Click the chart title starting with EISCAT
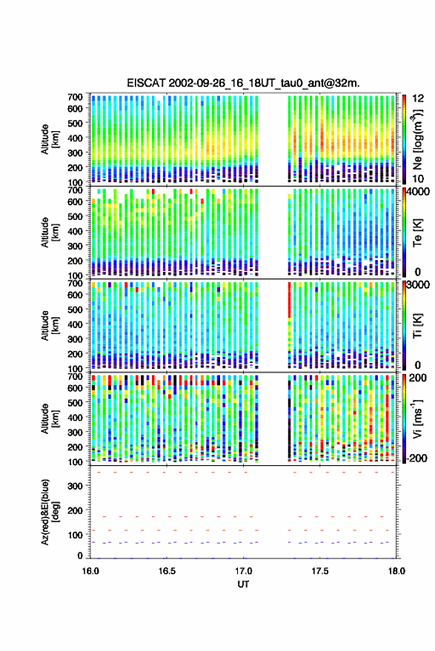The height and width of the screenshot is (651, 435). [244, 83]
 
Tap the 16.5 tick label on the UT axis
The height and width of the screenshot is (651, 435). [167, 571]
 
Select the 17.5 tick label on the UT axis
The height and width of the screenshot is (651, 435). [319, 571]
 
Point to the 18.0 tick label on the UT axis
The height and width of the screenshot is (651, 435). [396, 571]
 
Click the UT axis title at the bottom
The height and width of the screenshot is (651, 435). [243, 584]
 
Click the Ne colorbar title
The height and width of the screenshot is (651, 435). [417, 139]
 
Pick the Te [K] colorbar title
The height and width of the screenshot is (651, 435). [417, 233]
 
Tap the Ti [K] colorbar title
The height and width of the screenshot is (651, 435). [417, 326]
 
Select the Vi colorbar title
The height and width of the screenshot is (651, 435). [417, 418]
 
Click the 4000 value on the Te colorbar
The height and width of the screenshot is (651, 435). [419, 192]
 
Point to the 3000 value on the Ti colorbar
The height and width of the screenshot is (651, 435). [419, 285]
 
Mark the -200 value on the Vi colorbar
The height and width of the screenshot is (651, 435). [416, 458]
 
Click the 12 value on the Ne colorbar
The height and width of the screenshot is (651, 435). [419, 99]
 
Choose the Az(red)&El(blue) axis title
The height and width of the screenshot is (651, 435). [50, 513]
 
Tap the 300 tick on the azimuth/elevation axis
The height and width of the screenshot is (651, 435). [75, 486]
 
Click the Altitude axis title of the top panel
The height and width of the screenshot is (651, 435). [50, 139]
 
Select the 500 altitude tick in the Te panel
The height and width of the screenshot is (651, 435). [75, 216]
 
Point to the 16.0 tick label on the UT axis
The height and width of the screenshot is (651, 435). [90, 571]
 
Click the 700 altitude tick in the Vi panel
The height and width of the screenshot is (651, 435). [75, 376]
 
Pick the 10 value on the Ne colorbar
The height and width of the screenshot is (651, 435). [419, 179]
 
